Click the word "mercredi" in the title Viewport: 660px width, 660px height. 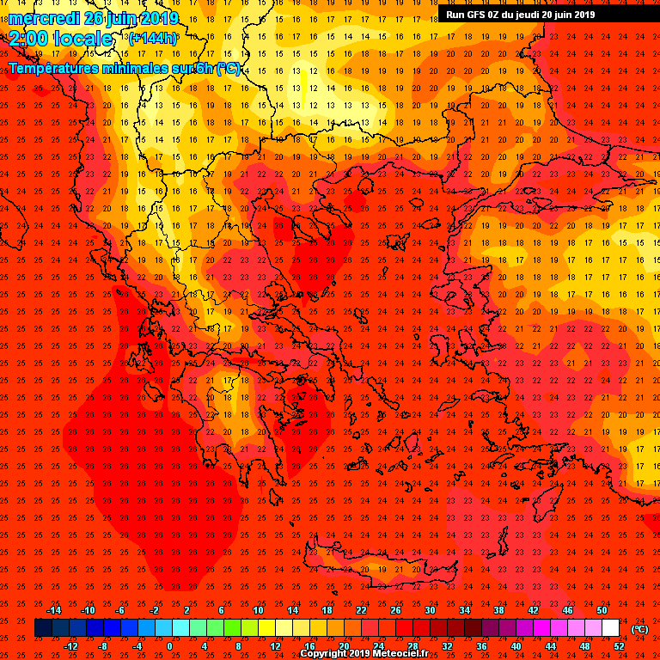44,18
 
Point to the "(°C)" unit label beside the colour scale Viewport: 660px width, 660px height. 640,629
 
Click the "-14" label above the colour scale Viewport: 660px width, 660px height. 53,610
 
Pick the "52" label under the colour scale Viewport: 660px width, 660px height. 619,646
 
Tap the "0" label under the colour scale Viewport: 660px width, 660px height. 168,646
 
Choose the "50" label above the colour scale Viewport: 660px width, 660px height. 602,610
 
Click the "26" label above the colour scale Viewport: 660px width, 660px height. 396,610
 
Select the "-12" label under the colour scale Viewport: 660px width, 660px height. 70,646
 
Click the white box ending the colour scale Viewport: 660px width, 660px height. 611,628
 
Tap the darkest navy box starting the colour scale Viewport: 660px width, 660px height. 43,628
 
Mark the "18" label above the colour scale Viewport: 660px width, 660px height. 327,610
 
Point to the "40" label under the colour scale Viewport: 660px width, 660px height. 516,646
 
